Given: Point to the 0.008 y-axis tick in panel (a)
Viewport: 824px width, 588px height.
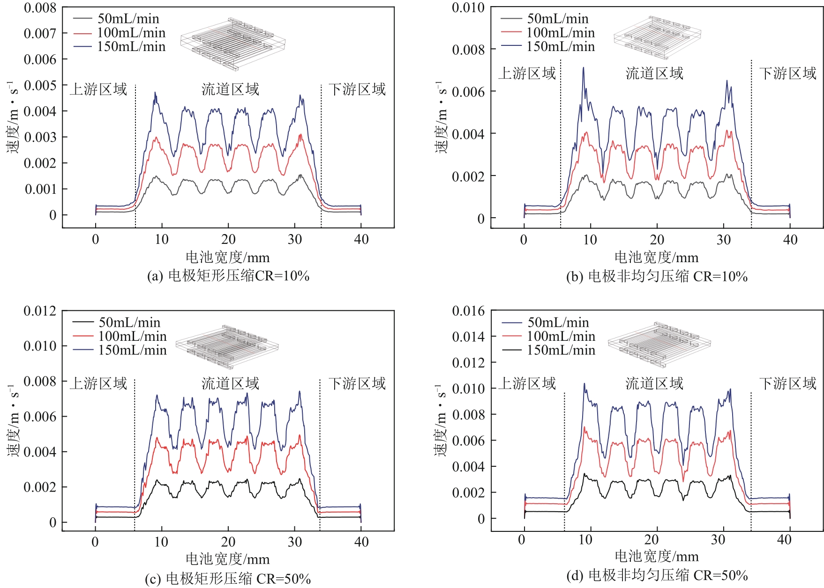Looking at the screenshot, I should pos(40,8).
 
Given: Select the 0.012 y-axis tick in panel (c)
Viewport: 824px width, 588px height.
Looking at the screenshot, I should pos(40,311).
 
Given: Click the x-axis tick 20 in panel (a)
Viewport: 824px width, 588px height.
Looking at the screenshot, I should pos(228,240).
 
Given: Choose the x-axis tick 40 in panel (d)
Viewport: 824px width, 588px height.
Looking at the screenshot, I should pos(784,540).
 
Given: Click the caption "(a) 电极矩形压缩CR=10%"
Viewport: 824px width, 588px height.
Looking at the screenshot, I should pos(228,276).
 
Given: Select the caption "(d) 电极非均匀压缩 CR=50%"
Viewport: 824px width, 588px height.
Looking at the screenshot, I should pos(657,575).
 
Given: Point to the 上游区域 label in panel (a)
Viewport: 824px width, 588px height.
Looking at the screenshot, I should pos(98,89).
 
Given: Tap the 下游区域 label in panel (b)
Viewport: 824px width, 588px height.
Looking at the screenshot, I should pos(788,73).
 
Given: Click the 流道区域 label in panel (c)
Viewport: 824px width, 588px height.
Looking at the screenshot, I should pos(230,384).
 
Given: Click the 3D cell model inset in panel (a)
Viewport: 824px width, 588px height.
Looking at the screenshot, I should pos(233,44).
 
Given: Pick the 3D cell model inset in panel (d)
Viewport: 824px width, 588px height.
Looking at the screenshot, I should pos(659,344).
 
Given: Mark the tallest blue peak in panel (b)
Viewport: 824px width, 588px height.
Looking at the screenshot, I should pos(584,68).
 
